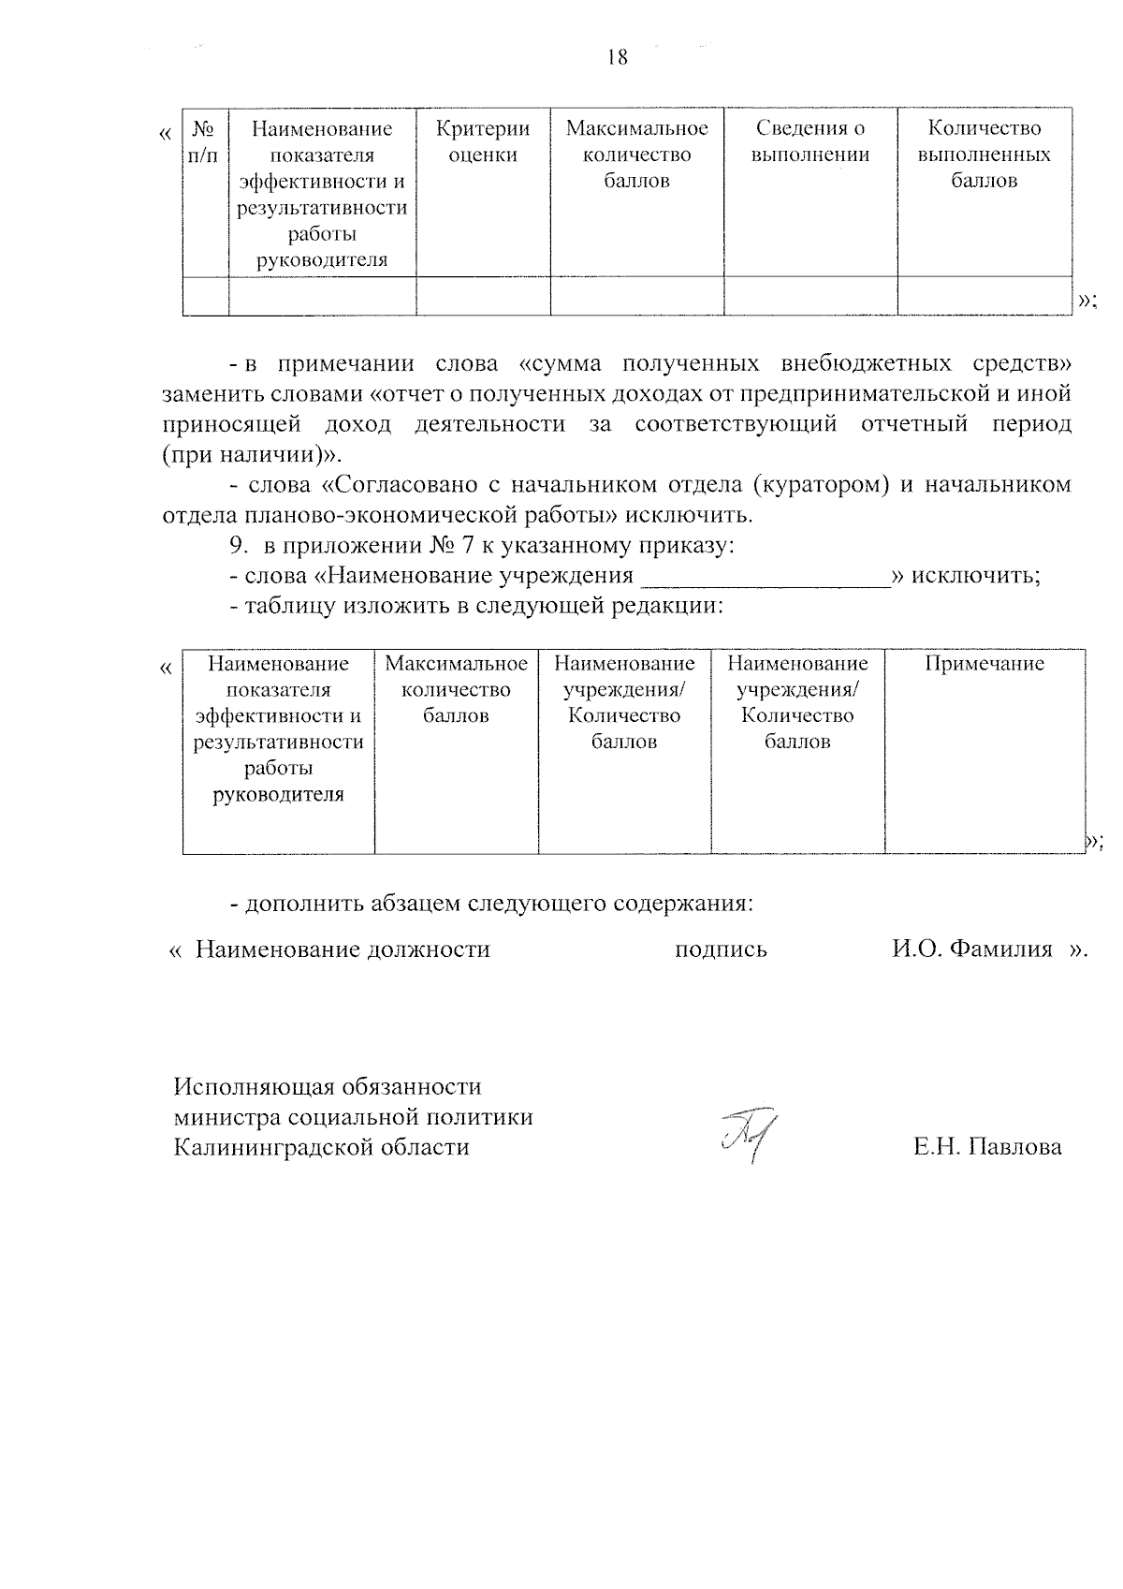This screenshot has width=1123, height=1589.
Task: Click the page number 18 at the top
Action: [618, 57]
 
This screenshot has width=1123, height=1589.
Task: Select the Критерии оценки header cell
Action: [483, 141]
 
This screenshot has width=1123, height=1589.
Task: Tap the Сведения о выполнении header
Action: [810, 141]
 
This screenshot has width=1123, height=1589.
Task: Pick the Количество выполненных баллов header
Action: [984, 154]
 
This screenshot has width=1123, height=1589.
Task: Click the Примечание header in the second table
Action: [984, 664]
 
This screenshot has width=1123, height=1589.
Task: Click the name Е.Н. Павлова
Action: [987, 1147]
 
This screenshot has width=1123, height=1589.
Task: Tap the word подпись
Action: [721, 949]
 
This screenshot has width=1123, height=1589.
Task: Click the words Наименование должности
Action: [343, 949]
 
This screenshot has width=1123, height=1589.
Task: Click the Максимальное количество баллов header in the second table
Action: [456, 690]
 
